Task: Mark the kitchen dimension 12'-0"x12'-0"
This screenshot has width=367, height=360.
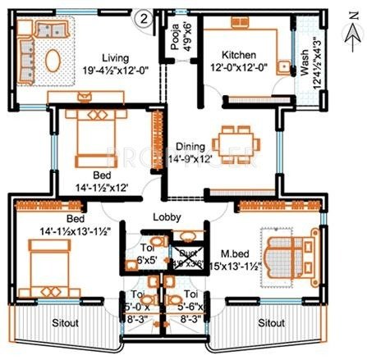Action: click(236, 71)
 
